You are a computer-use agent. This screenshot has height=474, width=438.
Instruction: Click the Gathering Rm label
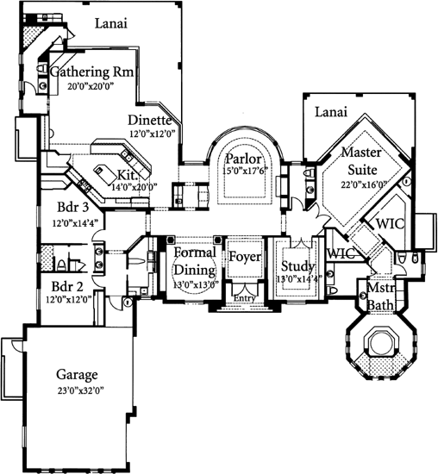click(x=91, y=72)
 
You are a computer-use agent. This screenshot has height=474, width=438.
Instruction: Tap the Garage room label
click(x=77, y=375)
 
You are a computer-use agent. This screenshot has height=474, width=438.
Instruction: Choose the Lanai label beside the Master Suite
click(x=331, y=111)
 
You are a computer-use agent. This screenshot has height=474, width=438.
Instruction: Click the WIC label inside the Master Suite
click(x=388, y=222)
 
